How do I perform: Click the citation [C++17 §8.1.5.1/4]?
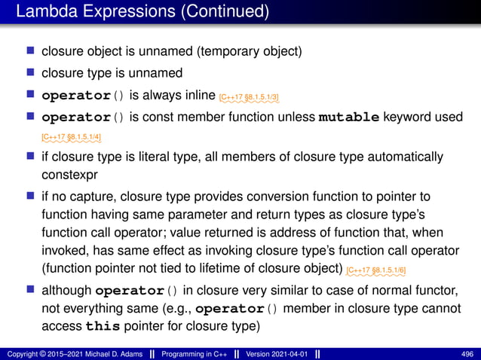[x=72, y=136]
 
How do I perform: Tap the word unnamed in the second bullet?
[x=156, y=74]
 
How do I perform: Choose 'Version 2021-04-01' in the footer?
[x=268, y=354]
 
